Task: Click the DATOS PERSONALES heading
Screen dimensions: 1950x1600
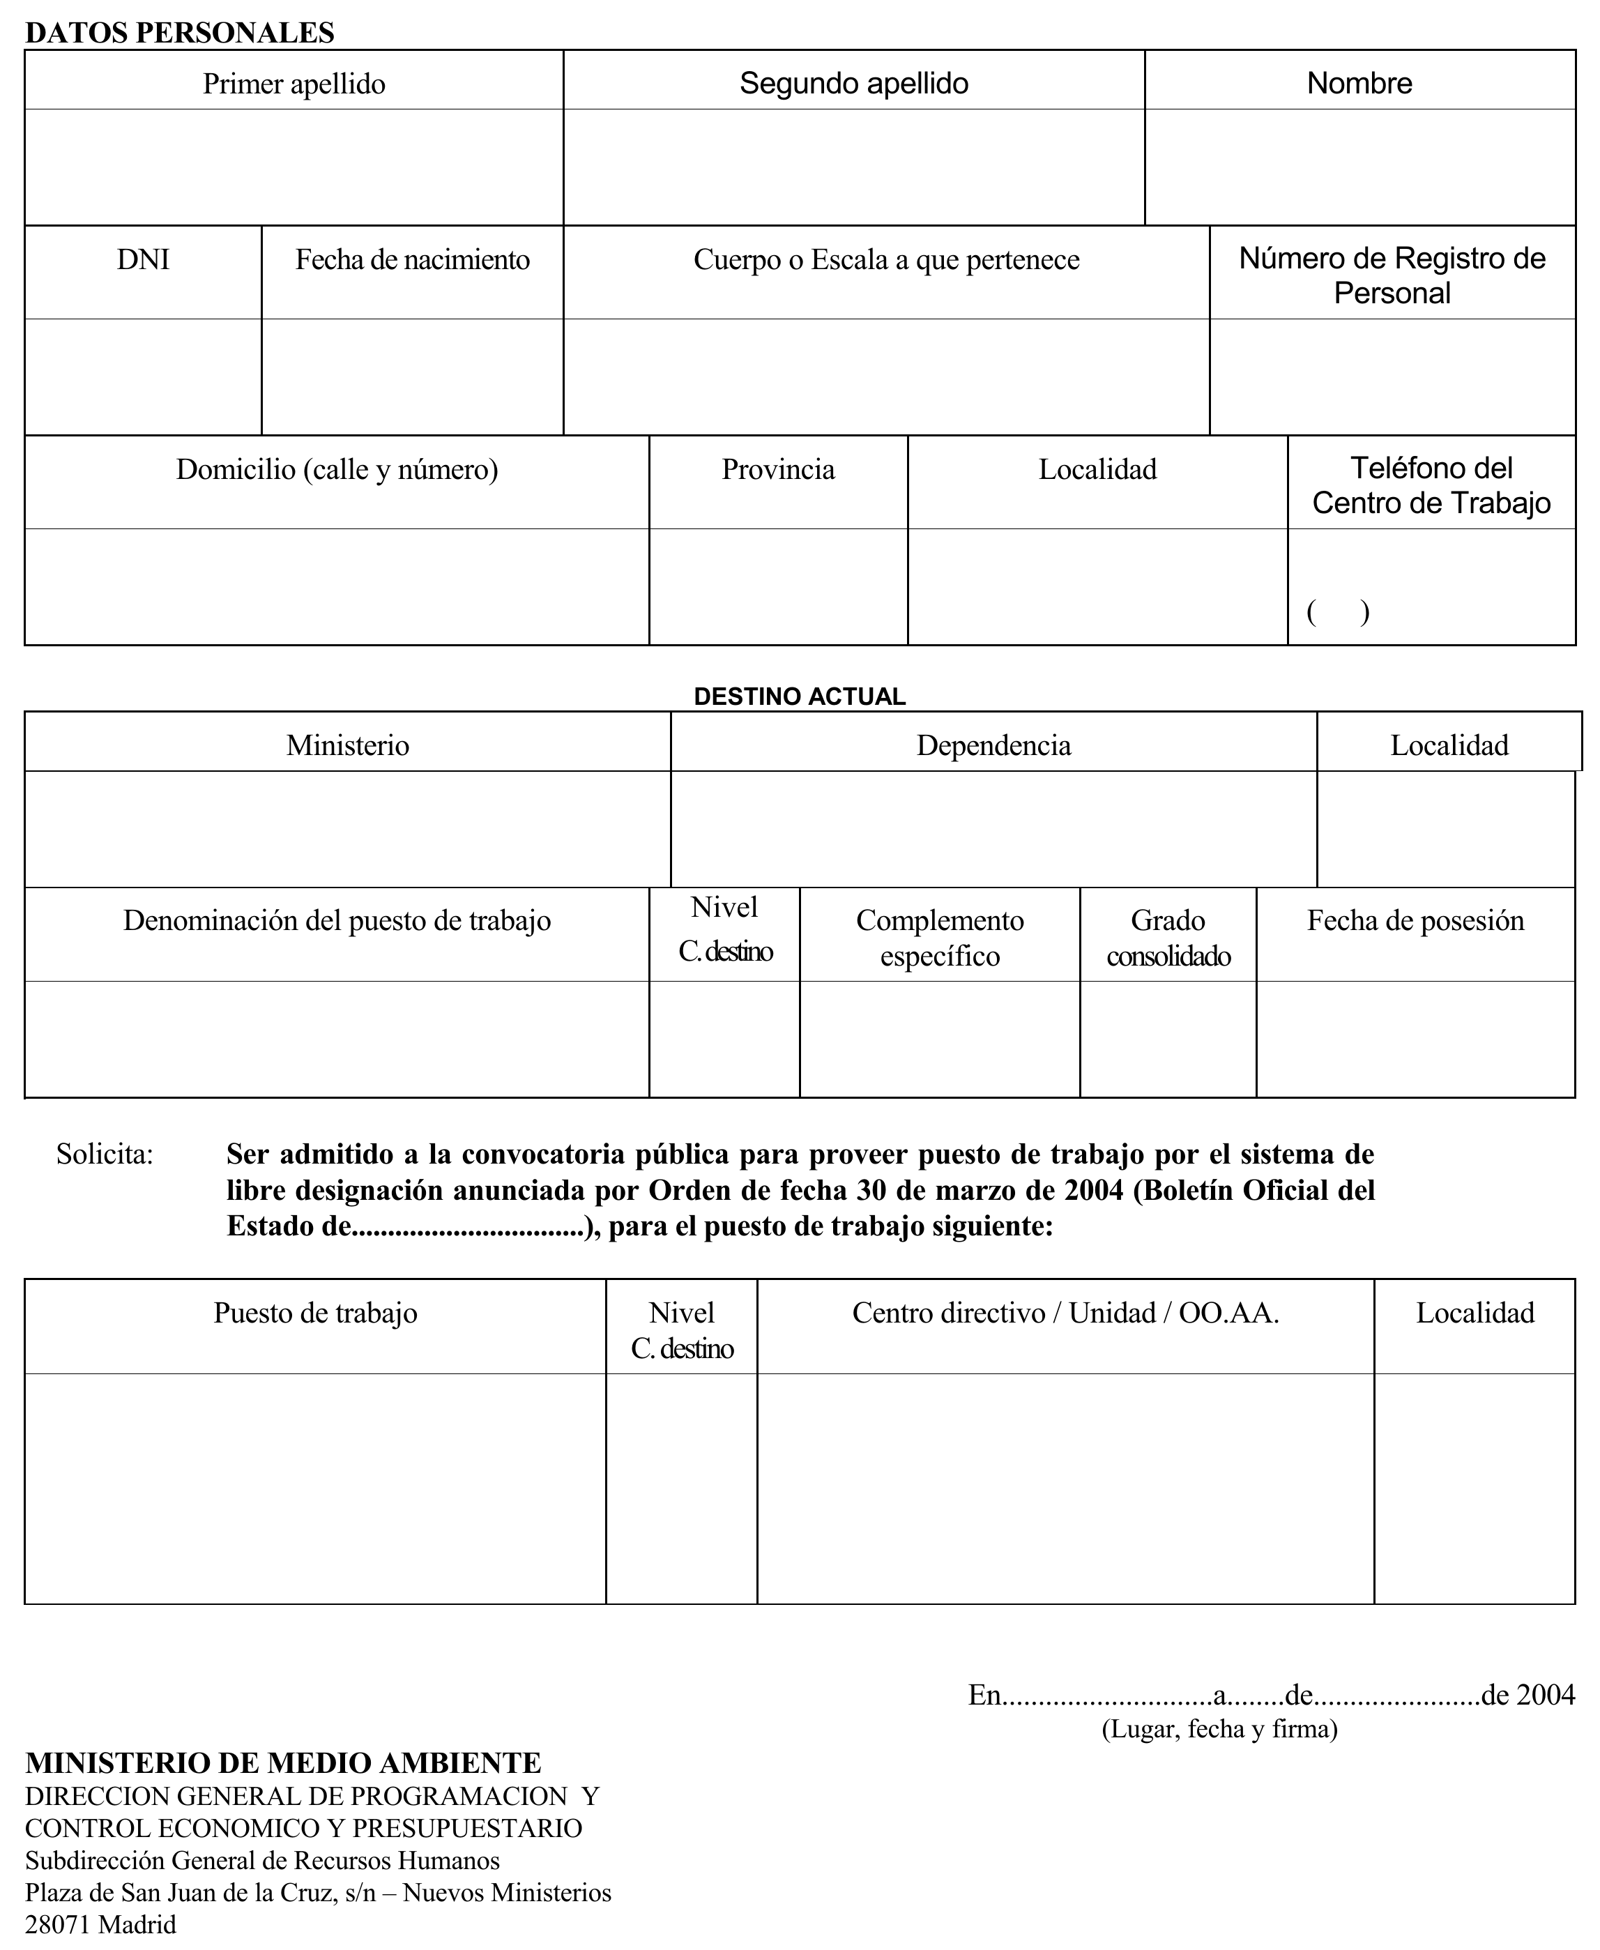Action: coord(180,33)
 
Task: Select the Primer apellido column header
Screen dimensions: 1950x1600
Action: coord(294,84)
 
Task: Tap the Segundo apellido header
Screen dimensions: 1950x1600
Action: coord(853,84)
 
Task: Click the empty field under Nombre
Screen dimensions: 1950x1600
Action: coord(1359,167)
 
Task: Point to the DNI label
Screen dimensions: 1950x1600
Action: coord(143,260)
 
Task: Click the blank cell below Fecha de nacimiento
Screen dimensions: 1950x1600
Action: coord(412,377)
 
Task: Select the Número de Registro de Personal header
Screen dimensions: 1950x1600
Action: coord(1392,275)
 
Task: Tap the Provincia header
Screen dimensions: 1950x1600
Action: coord(778,470)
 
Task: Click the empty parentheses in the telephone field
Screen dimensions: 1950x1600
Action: coord(1337,612)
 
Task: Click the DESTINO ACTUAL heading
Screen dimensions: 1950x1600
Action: coord(799,696)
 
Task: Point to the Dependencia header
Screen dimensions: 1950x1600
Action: coord(993,745)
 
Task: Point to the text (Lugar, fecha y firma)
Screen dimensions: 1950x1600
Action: coord(1219,1729)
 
